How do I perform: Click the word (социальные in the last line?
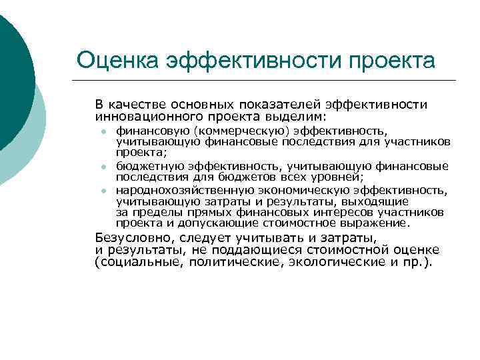(134, 262)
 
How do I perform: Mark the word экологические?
(331, 262)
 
